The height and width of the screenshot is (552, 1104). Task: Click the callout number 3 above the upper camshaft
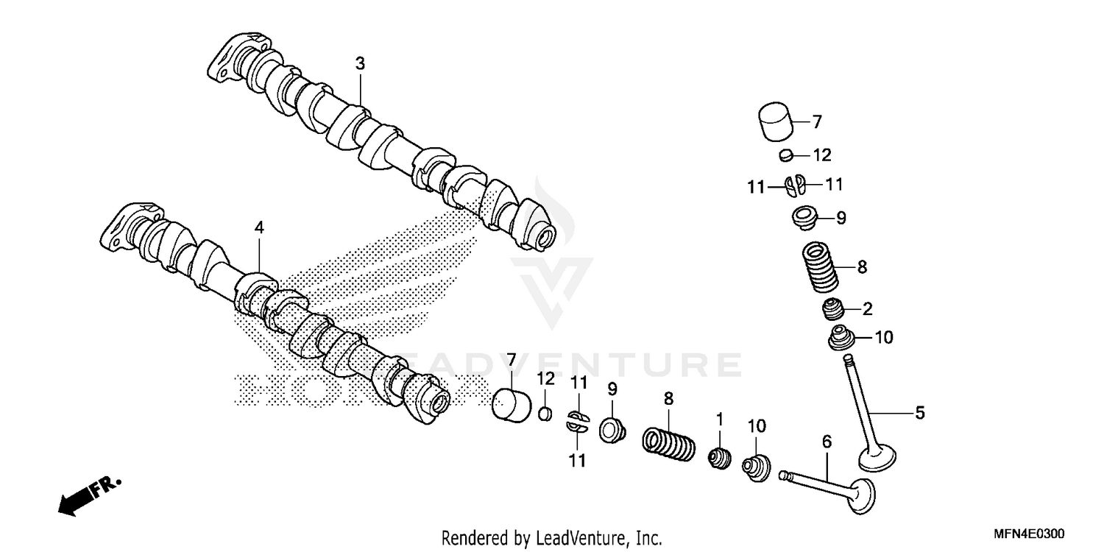pos(359,64)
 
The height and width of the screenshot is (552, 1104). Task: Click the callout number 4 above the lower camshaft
pos(258,228)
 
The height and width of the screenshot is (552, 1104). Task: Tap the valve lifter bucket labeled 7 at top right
pos(776,123)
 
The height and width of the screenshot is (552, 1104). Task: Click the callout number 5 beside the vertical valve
pos(919,414)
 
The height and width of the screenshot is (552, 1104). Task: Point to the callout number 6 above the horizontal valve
pos(827,442)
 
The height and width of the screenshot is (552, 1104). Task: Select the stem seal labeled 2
pos(835,310)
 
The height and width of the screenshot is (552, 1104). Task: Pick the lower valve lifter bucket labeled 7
pos(511,406)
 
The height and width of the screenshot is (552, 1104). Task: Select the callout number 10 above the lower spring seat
pos(757,425)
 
